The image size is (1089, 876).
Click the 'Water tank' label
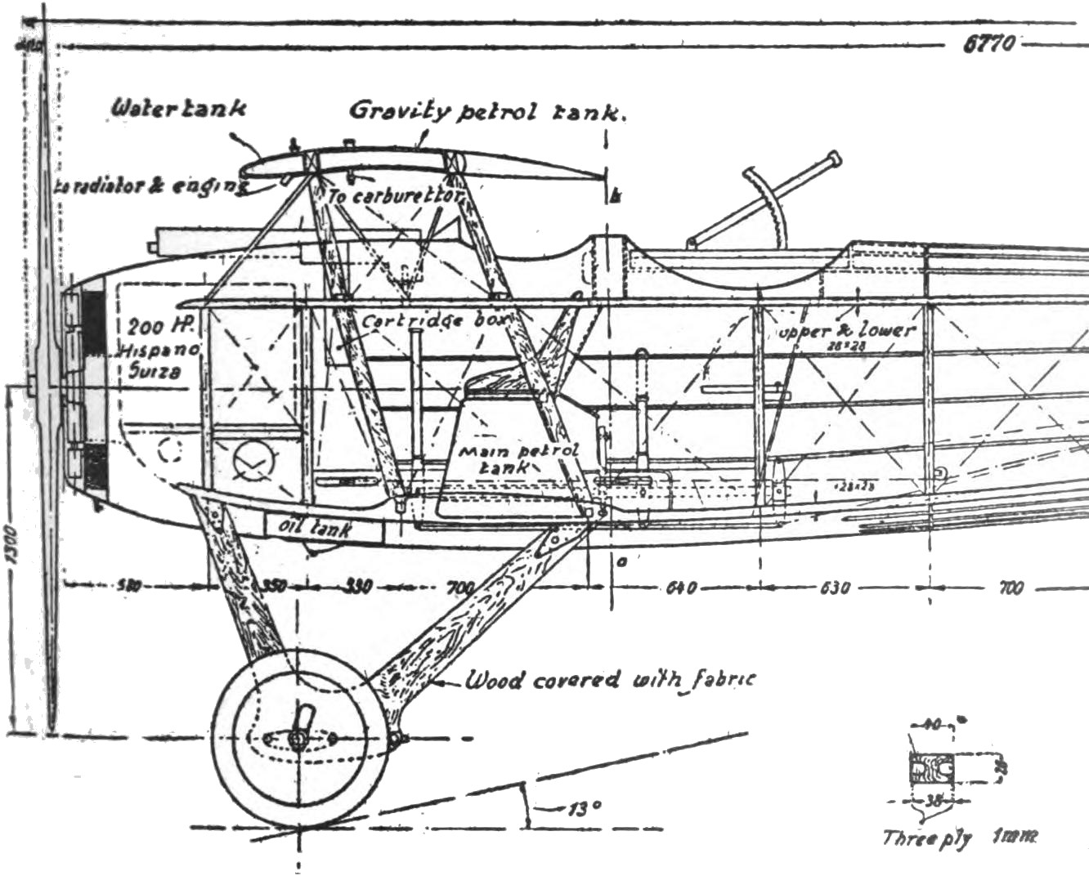pos(178,108)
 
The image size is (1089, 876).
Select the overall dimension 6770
pos(988,44)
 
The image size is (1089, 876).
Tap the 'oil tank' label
pos(314,527)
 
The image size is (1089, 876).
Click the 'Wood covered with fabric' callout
pos(610,679)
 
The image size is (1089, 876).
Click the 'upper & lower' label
pos(846,331)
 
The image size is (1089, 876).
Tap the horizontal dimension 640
pos(679,588)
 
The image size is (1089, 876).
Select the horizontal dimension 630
pos(833,588)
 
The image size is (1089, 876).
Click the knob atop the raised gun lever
pos(833,159)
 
